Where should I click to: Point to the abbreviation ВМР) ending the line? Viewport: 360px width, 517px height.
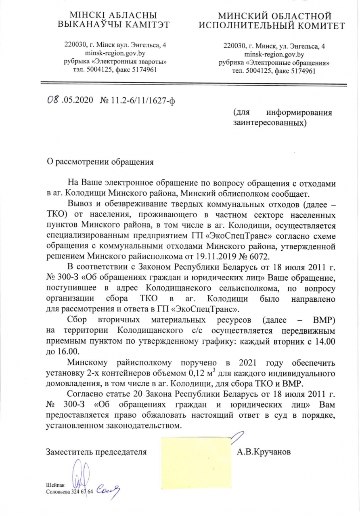click(324, 321)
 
